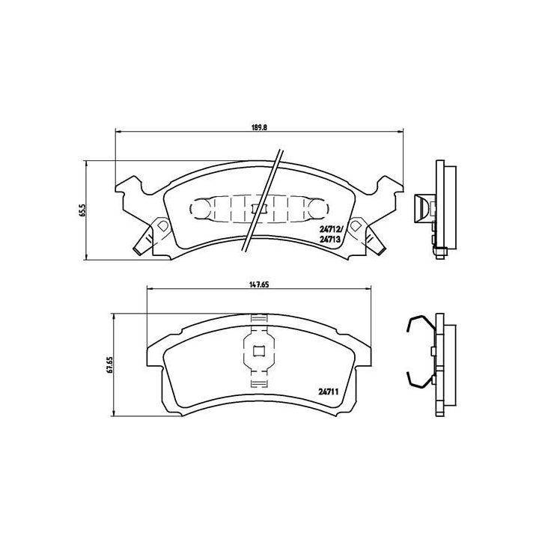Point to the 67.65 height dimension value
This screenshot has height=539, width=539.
(x=109, y=365)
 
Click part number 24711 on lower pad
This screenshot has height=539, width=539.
(x=326, y=391)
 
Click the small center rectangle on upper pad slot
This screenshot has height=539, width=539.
(x=258, y=209)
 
